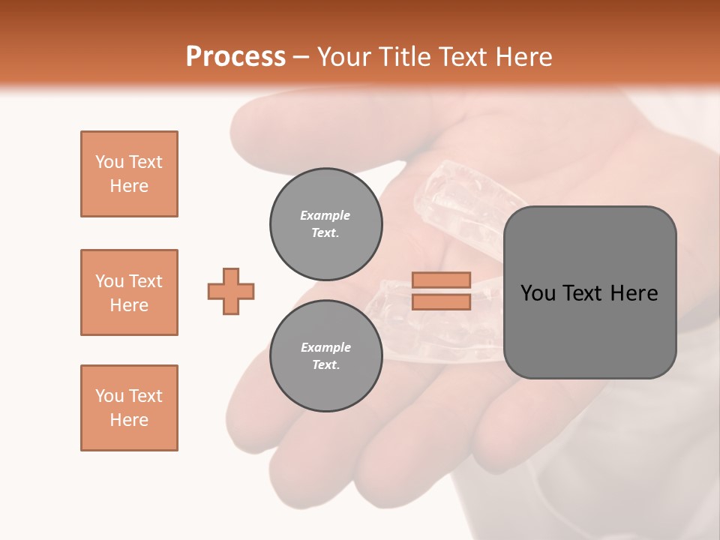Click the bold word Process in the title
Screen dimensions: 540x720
coord(235,57)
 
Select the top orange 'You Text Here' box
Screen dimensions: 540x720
coord(129,174)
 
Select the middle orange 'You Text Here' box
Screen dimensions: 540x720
coord(129,292)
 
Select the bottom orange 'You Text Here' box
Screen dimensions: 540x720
coord(129,408)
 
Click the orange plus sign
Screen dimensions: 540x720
coord(231,291)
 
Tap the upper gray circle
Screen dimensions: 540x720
coord(325,223)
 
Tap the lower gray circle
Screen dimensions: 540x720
coord(325,355)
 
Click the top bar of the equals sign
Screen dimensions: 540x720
coord(441,280)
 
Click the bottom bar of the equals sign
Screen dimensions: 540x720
coord(441,302)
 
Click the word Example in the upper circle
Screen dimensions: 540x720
coord(325,215)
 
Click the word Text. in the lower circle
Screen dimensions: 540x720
coord(325,364)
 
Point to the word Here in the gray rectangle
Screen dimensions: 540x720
coord(634,293)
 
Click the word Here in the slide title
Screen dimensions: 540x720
coord(522,57)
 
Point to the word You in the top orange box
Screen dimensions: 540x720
coord(109,162)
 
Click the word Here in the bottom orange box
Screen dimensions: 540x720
coord(129,420)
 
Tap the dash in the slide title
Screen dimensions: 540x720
coord(301,57)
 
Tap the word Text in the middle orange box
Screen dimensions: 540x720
coord(145,281)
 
